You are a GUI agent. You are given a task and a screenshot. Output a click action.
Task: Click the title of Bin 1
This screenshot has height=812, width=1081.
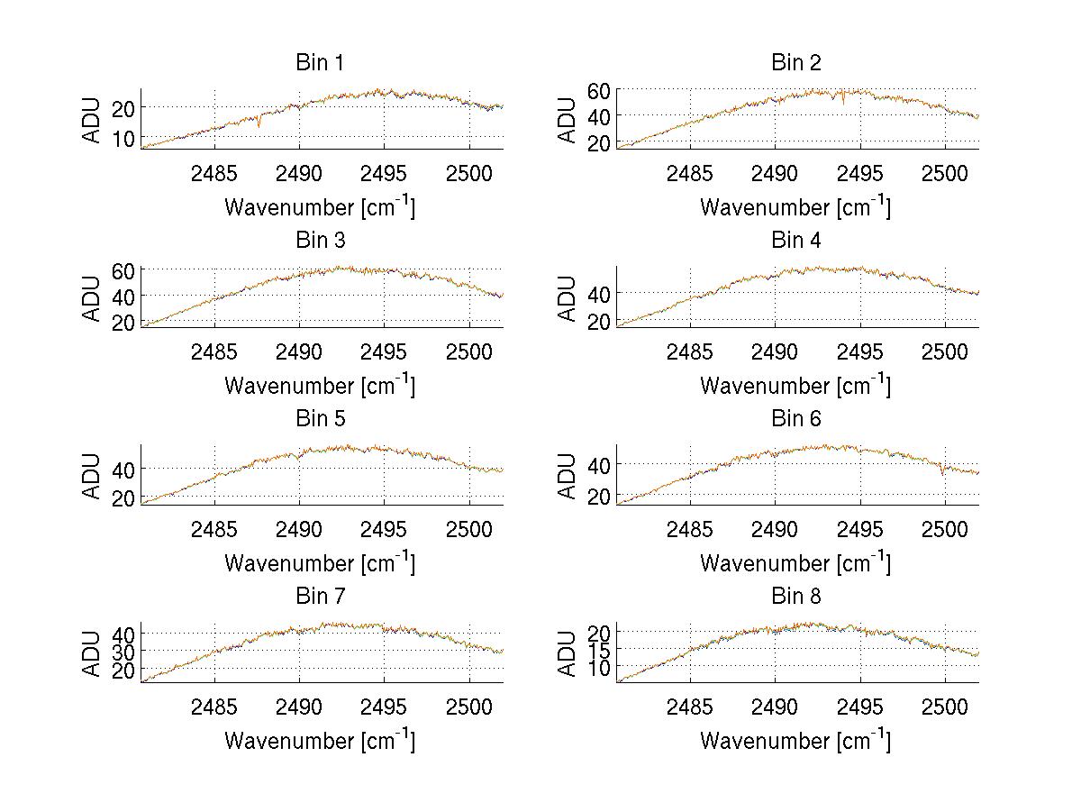(x=320, y=62)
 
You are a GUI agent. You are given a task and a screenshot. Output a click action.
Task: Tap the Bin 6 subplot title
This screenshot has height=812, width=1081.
(x=796, y=418)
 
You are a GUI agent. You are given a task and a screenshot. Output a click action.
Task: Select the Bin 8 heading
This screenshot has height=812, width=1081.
(x=796, y=596)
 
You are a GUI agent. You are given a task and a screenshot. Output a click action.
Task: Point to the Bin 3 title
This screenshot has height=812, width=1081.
(x=320, y=241)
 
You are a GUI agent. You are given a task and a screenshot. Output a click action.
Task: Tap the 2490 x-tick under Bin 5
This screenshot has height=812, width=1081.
(x=299, y=528)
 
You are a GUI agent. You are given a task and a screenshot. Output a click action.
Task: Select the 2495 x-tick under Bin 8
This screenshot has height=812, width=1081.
(x=859, y=706)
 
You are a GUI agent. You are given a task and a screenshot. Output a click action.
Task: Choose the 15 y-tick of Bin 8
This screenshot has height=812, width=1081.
(x=599, y=649)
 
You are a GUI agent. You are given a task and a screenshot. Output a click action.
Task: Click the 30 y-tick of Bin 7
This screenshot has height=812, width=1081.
(x=123, y=651)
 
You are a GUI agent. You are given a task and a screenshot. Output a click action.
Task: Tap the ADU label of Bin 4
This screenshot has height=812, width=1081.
(x=567, y=298)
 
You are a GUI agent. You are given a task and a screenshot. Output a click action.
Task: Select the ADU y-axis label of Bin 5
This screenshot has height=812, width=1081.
(x=91, y=476)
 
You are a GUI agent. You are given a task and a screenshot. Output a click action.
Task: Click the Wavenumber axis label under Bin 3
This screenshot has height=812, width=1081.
(x=320, y=385)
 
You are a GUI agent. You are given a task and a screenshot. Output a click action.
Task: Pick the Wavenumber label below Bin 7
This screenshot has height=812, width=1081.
(x=320, y=740)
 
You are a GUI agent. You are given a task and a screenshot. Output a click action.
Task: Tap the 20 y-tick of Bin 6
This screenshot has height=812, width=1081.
(x=599, y=497)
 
